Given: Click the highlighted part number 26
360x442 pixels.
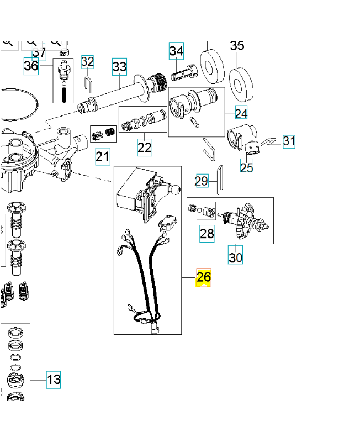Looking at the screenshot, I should click(204, 277).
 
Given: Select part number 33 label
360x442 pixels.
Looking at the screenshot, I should click(119, 67).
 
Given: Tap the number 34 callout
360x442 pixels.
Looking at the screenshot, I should click(176, 51).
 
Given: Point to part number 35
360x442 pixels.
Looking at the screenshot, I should click(237, 46).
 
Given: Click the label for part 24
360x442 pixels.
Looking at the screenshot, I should click(241, 113).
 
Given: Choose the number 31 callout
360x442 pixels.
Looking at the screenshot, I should click(289, 141).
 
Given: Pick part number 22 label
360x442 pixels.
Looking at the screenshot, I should click(145, 148).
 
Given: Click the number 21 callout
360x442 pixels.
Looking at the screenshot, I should click(103, 156).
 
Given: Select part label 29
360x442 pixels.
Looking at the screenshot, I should click(202, 181).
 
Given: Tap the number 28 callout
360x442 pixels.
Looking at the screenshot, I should click(207, 234).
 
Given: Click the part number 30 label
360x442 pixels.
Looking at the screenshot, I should click(236, 257).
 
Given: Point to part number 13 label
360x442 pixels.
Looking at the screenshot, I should click(54, 380).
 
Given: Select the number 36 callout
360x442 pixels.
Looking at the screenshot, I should click(31, 66).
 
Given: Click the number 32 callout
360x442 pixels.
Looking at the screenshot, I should click(88, 62).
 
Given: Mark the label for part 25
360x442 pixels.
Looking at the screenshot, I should click(246, 166).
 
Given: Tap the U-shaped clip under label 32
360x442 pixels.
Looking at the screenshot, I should click(88, 82).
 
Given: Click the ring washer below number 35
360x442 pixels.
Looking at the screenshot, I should click(241, 81).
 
